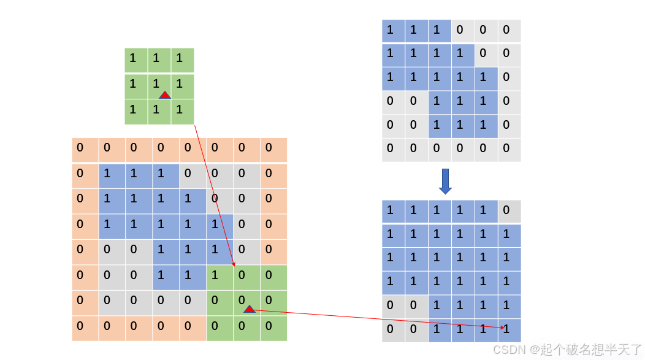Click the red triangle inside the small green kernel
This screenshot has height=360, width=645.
coord(165,95)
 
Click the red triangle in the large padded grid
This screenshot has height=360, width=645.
coord(249,309)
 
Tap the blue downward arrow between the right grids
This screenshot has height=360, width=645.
coord(446,181)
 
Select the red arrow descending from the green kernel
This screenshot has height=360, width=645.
coord(215,196)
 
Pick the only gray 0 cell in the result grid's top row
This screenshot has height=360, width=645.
coord(509,211)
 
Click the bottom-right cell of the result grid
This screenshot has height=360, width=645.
coord(509,329)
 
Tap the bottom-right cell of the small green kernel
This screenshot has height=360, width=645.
coord(182,112)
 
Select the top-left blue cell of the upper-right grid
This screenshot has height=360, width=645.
coord(393,31)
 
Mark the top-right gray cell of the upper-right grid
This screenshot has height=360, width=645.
coord(509,31)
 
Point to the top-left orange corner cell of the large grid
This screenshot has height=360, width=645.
coord(85,150)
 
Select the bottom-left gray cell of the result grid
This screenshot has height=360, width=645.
coord(393,329)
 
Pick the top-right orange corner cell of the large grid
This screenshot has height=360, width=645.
coord(273,150)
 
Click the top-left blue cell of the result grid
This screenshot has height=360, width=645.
coord(393,211)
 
